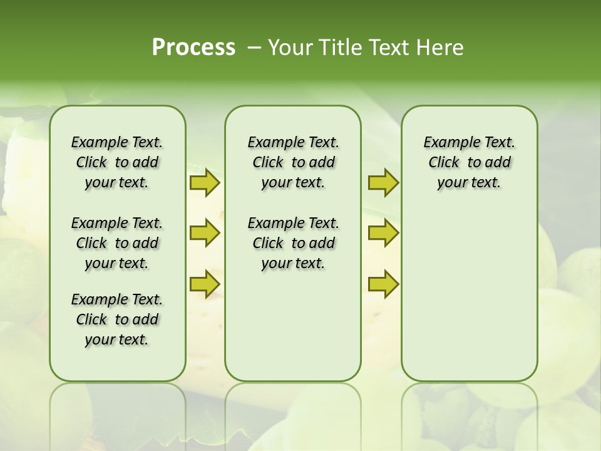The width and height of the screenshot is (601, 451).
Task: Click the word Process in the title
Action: (193, 47)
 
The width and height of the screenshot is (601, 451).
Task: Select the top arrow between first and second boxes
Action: (205, 183)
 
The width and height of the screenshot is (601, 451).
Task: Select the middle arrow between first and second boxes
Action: (205, 233)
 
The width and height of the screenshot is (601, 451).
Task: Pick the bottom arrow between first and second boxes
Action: (205, 284)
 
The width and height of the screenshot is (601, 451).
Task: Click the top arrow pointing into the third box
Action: (383, 183)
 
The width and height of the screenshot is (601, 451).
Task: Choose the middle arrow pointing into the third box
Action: (383, 233)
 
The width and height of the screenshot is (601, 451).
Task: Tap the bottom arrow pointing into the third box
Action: (383, 284)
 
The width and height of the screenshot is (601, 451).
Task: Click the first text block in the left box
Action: (117, 163)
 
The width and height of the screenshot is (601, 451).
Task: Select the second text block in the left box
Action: (117, 243)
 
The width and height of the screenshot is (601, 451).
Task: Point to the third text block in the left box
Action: (117, 319)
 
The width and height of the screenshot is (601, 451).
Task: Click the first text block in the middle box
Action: (293, 163)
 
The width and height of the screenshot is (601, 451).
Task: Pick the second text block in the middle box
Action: (293, 243)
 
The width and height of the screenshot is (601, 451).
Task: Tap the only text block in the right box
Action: (470, 163)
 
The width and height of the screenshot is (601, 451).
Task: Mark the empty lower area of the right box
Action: (470, 301)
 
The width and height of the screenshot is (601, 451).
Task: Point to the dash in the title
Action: (254, 48)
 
